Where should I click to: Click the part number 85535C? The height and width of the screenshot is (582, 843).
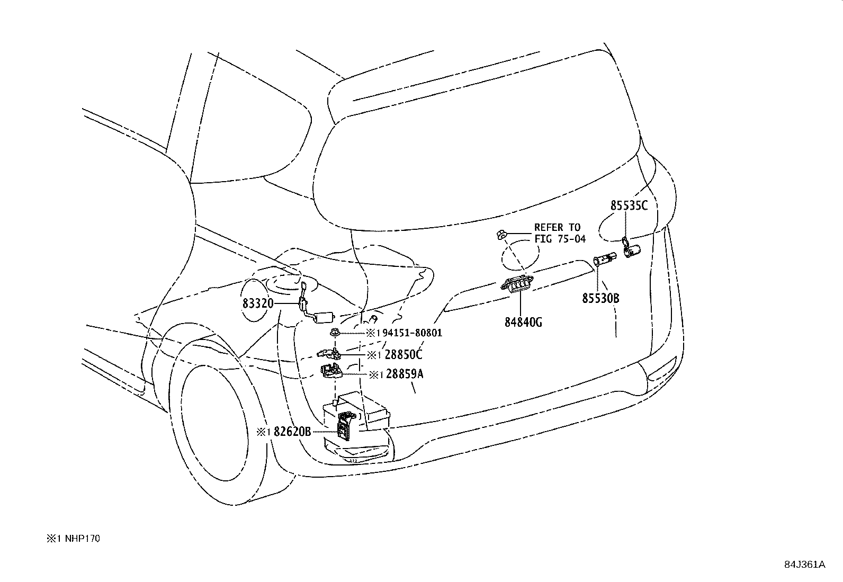629,205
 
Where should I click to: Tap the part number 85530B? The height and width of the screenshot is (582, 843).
600,299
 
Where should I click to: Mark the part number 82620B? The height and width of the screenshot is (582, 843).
292,432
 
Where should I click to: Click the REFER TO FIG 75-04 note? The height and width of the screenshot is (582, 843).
560,233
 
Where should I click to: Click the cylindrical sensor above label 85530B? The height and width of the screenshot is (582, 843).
605,259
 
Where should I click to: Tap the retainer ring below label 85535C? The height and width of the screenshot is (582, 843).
625,244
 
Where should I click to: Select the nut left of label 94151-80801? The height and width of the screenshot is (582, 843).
335,333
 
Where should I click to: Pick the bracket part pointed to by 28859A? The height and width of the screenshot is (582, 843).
331,371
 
